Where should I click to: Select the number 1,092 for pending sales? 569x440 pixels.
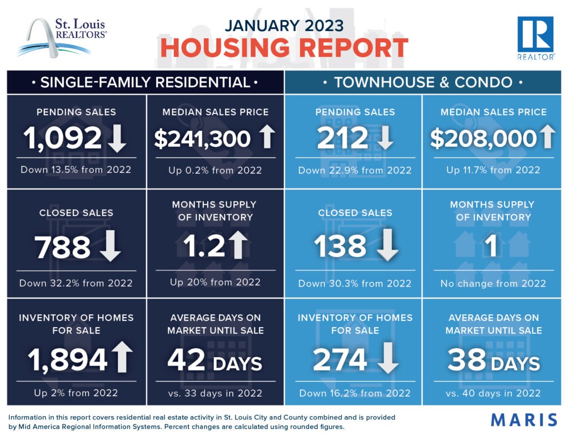(x=62, y=139)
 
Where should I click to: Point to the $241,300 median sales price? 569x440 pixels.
(x=203, y=139)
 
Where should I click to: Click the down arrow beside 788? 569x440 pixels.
(x=110, y=246)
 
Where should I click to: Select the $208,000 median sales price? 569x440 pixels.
(x=483, y=139)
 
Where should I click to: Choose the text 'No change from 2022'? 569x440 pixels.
(x=493, y=283)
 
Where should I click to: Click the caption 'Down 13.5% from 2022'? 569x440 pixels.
(x=76, y=169)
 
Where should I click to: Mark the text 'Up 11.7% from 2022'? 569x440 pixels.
(x=493, y=169)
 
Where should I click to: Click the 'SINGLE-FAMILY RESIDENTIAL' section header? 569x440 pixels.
(x=145, y=83)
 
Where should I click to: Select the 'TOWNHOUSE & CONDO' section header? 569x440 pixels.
(x=423, y=83)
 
